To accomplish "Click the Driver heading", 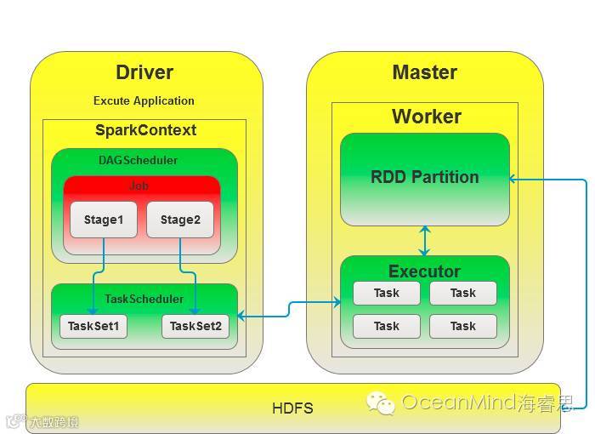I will coord(144,72).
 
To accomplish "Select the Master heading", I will coord(424,72).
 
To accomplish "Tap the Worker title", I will coord(426,117).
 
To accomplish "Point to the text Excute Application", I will coord(144,100).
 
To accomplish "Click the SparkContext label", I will coord(145,130).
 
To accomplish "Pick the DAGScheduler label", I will coord(139,159).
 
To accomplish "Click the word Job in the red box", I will coord(139,186).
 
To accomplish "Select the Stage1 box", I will coord(104,220).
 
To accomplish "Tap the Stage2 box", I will coord(180,220).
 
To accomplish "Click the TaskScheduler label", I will coord(144,299).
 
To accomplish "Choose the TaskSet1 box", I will coord(93,326).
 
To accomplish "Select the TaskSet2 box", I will coord(195,326).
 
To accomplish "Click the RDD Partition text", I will coord(424,177).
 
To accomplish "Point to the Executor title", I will coord(424,271).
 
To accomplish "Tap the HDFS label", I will coord(292,408).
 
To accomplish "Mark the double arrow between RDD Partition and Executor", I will coord(424,241).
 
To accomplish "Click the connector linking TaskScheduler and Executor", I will coord(289,308).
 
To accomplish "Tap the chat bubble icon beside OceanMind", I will coord(380,402).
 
